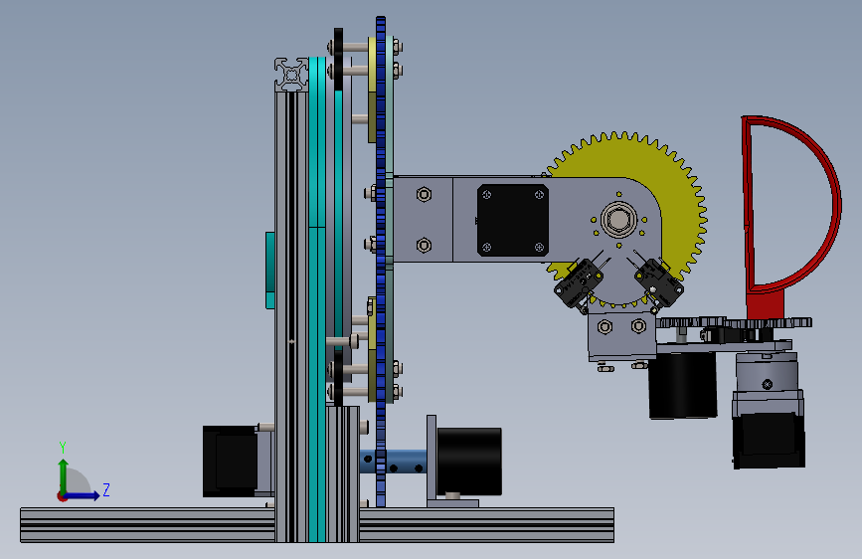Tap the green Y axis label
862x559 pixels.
(x=63, y=447)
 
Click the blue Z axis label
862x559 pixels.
(x=106, y=489)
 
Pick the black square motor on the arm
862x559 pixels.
(x=513, y=220)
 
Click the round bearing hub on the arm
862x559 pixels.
(x=619, y=219)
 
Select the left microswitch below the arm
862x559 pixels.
(x=579, y=283)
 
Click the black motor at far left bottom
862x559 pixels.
(x=230, y=462)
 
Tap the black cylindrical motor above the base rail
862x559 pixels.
(x=469, y=462)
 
